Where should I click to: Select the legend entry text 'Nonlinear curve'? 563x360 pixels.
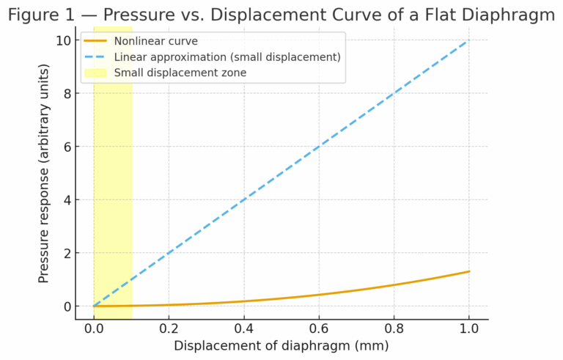[x=155, y=41]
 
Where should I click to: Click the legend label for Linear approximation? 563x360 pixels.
[x=227, y=56]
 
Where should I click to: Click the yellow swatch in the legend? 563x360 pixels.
[x=97, y=72]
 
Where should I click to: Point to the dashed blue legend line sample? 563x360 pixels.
[x=97, y=56]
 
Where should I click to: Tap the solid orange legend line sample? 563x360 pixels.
[x=97, y=41]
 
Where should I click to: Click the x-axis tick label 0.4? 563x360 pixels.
[x=243, y=327]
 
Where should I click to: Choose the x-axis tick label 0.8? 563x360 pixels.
[x=393, y=327]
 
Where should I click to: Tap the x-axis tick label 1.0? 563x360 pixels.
[x=468, y=327]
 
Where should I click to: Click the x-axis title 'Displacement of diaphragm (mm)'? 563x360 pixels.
[x=281, y=345]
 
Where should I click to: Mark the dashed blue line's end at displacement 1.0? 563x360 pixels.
[x=468, y=40]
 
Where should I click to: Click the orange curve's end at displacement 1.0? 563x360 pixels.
[x=468, y=271]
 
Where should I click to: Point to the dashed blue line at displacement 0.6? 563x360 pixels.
[x=319, y=147]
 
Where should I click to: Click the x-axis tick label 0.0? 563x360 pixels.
[x=94, y=327]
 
